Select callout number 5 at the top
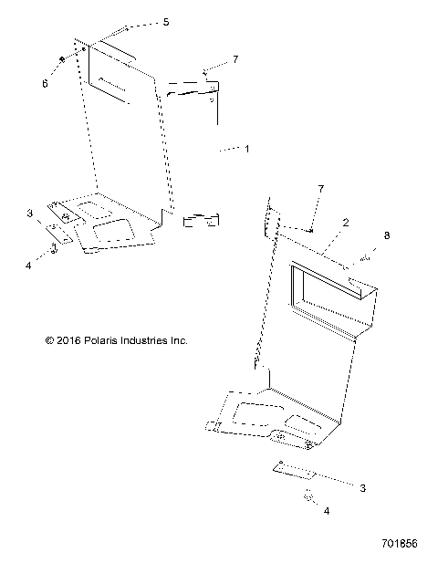pyautogui.click(x=165, y=21)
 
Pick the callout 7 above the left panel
pyautogui.click(x=235, y=59)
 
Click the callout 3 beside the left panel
pyautogui.click(x=29, y=213)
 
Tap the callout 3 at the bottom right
pyautogui.click(x=362, y=489)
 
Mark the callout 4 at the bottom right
pyautogui.click(x=326, y=512)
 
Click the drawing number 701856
pyautogui.click(x=398, y=544)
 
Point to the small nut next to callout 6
pyautogui.click(x=61, y=59)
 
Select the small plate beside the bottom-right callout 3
pyautogui.click(x=295, y=471)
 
